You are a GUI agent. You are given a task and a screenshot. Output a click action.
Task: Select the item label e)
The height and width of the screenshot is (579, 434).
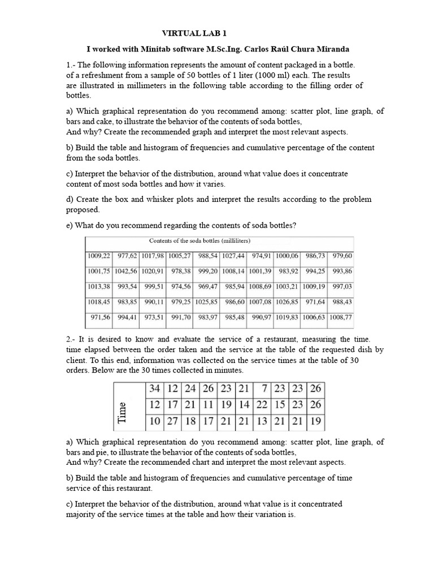71,226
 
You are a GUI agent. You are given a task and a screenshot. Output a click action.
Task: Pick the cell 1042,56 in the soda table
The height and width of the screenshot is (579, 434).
127,271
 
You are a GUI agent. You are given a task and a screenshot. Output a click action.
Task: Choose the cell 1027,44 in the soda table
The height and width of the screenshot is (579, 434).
234,256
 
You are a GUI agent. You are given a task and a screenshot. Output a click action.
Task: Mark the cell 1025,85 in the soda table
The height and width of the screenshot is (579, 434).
207,302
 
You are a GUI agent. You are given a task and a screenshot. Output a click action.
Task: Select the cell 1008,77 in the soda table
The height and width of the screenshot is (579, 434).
341,318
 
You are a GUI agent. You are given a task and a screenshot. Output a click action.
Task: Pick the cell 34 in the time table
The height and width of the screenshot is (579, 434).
154,389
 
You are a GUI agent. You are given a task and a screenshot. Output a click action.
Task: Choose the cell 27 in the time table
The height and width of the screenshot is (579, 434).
172,421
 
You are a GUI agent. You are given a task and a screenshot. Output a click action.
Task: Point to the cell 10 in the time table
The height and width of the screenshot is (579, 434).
154,421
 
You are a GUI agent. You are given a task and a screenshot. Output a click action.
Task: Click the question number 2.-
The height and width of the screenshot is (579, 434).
71,339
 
